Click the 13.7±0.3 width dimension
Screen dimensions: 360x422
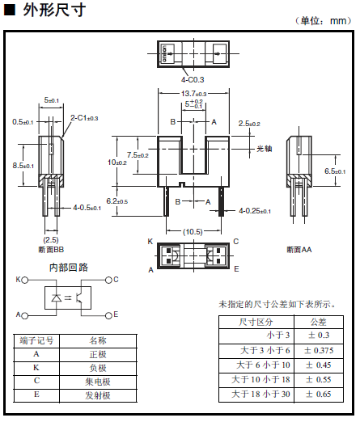(x=193, y=94)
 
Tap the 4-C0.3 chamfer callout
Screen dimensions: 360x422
(x=193, y=80)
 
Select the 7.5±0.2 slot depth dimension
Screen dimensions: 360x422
(x=138, y=155)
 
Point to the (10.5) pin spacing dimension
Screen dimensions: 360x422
(x=193, y=232)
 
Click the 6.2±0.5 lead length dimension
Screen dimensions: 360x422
(x=117, y=201)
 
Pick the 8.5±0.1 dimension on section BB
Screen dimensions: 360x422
(x=23, y=166)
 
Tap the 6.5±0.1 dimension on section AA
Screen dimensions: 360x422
(x=335, y=171)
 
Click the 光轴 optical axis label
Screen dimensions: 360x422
(x=265, y=149)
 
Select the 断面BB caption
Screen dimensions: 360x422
(x=51, y=250)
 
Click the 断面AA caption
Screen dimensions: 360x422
(x=299, y=250)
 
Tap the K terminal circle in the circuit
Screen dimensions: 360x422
(x=24, y=281)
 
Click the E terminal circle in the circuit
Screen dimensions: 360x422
(x=108, y=315)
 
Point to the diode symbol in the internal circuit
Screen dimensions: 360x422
(x=57, y=298)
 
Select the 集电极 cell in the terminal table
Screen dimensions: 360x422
(x=98, y=382)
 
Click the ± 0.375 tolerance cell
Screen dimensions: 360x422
(x=319, y=350)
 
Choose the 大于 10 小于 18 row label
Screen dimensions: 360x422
(x=260, y=379)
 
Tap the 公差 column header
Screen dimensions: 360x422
(x=319, y=322)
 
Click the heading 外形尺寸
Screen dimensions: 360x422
(x=54, y=11)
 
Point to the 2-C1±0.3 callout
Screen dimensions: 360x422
(x=84, y=118)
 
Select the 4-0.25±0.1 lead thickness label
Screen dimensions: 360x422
(x=255, y=211)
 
